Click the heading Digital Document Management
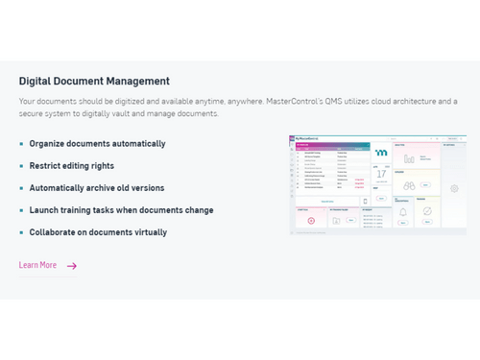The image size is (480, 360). (x=94, y=81)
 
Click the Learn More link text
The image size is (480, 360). (x=37, y=265)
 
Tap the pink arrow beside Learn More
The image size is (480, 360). (x=72, y=266)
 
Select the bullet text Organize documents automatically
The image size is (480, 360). (x=97, y=144)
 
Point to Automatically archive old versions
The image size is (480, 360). (x=96, y=188)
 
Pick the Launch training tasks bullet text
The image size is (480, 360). (x=121, y=210)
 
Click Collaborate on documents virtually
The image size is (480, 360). (x=98, y=232)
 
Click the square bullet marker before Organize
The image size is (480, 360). (x=21, y=144)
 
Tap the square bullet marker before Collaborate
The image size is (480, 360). (x=21, y=232)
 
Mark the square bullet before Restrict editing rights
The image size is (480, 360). (x=21, y=166)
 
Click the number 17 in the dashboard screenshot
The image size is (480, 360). (x=381, y=175)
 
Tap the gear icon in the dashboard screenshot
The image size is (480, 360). (x=454, y=189)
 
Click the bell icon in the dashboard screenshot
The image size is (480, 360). (x=402, y=211)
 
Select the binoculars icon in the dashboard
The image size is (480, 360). (x=409, y=185)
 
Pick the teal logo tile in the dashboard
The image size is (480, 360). (x=381, y=152)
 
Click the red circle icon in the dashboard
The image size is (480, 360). (x=311, y=221)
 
